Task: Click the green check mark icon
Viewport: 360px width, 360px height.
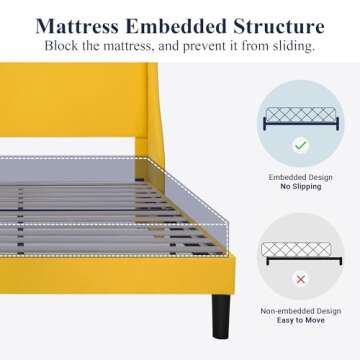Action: (x=299, y=145)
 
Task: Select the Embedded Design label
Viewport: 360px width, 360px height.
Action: (x=299, y=177)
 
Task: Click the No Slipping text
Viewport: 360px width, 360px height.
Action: (x=299, y=187)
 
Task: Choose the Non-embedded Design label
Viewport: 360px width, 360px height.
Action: (x=299, y=310)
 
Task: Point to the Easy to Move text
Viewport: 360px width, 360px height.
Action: (x=299, y=320)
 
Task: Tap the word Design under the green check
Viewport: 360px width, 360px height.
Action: (x=317, y=177)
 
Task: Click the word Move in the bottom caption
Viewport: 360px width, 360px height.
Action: (x=320, y=320)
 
